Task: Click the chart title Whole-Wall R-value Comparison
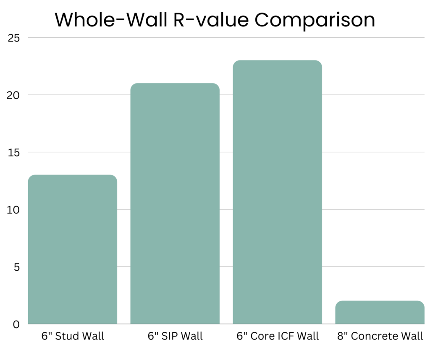click(x=215, y=20)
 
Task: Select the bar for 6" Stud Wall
click(x=72, y=249)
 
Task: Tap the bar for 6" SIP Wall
click(x=175, y=203)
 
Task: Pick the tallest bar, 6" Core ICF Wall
click(x=277, y=192)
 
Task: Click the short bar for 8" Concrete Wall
click(x=380, y=312)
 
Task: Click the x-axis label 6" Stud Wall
click(x=73, y=337)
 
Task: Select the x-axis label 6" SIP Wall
click(x=175, y=337)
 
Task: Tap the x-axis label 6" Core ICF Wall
click(x=277, y=337)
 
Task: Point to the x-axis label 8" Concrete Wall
click(x=379, y=337)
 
